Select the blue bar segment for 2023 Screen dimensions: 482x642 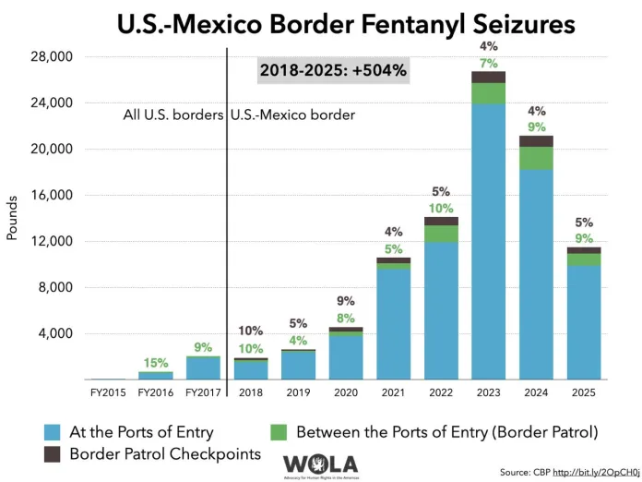(488, 240)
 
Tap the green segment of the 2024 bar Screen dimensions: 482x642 (536, 158)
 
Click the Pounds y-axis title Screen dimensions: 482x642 (13, 218)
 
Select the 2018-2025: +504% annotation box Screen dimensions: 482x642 (333, 69)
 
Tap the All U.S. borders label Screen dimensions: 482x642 (173, 116)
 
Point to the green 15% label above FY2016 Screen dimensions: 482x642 (156, 363)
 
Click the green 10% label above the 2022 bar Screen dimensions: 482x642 (441, 208)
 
